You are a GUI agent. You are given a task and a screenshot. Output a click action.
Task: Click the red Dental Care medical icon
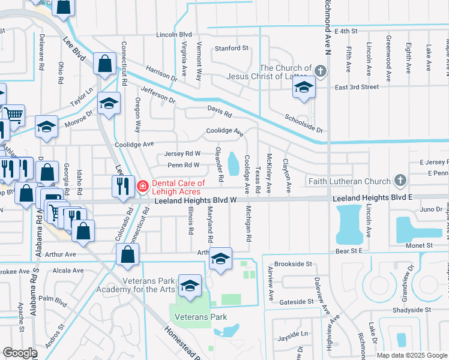click(x=143, y=186)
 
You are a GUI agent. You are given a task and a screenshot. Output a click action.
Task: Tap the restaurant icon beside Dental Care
click(x=121, y=185)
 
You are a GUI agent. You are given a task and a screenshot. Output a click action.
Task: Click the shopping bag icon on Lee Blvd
click(x=104, y=63)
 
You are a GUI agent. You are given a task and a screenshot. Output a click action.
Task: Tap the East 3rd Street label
click(x=357, y=87)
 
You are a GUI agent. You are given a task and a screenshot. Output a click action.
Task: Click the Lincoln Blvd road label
click(x=173, y=35)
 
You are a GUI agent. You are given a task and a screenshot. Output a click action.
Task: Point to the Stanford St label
click(x=228, y=48)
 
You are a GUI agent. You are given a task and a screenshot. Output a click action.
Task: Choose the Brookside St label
click(x=293, y=264)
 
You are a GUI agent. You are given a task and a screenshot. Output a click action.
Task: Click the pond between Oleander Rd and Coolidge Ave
click(x=233, y=161)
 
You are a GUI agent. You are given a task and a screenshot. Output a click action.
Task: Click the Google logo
click(x=20, y=353)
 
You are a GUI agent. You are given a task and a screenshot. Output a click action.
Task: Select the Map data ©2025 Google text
click(x=411, y=355)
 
